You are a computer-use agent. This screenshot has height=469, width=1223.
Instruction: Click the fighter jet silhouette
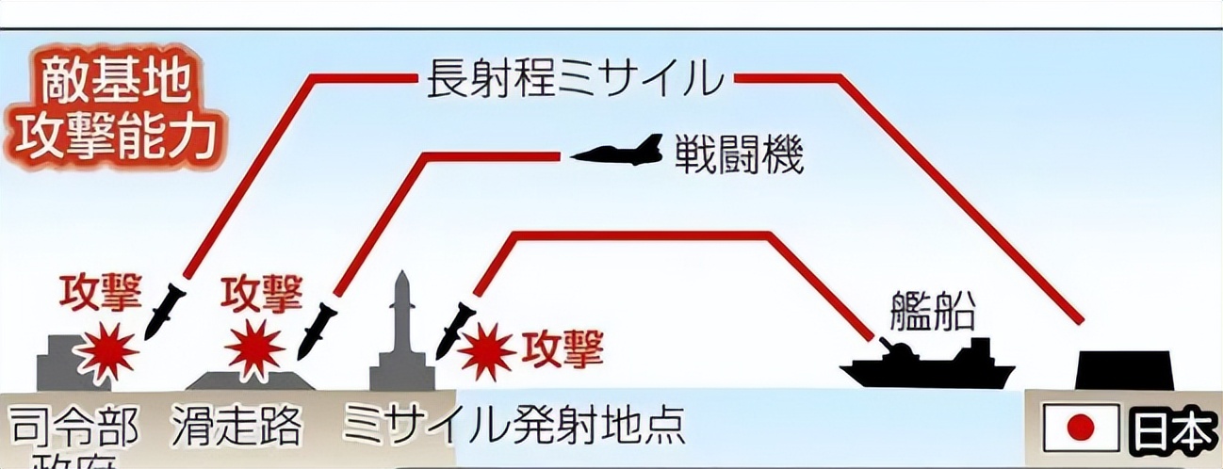tap(617, 152)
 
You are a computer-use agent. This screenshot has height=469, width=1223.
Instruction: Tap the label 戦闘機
tap(738, 156)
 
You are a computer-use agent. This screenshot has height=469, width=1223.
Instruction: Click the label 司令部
tap(73, 429)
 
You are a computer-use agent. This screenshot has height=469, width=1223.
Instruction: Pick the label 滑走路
tap(237, 429)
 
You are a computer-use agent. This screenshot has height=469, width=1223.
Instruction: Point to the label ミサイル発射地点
tap(514, 429)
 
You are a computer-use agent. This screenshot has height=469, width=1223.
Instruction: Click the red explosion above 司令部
tap(106, 353)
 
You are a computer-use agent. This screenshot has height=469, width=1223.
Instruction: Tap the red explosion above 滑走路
tap(255, 349)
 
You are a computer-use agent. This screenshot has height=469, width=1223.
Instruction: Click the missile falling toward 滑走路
tap(317, 330)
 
